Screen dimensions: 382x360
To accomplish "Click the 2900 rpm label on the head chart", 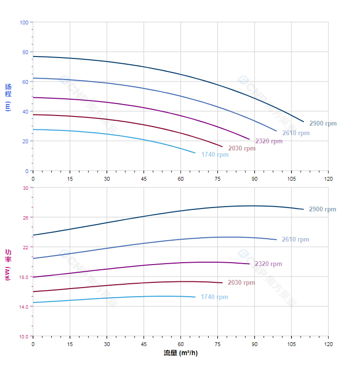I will click(x=323, y=123).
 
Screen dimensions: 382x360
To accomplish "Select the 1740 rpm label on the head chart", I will click(x=214, y=154).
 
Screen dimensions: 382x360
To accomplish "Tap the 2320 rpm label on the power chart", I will click(x=268, y=264).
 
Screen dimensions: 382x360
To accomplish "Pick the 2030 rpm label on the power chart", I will click(x=241, y=282).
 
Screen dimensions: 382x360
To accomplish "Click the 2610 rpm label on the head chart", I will click(x=295, y=133).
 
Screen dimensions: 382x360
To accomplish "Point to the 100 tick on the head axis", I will click(x=24, y=22).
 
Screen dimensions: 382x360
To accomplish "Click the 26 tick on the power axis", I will click(x=25, y=217).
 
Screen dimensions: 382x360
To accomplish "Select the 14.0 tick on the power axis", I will click(x=24, y=306).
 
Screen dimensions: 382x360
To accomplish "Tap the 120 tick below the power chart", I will click(x=328, y=344).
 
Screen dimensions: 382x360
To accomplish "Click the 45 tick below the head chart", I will click(x=144, y=178).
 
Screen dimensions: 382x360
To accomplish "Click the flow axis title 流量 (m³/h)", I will click(x=180, y=353).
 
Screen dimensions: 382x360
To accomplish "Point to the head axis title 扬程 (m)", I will click(x=8, y=97).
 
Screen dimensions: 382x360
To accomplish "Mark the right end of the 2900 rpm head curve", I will click(x=304, y=122).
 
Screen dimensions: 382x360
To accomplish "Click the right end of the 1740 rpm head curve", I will click(x=195, y=153).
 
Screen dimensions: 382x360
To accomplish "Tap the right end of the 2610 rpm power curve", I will click(x=276, y=240).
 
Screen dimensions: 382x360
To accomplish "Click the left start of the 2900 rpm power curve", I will click(x=33, y=235).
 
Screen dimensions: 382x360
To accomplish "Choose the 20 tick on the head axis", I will click(x=25, y=141).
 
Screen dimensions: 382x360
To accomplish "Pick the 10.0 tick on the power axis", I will click(x=24, y=336).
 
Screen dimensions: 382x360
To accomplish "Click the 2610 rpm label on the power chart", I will click(x=295, y=239).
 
